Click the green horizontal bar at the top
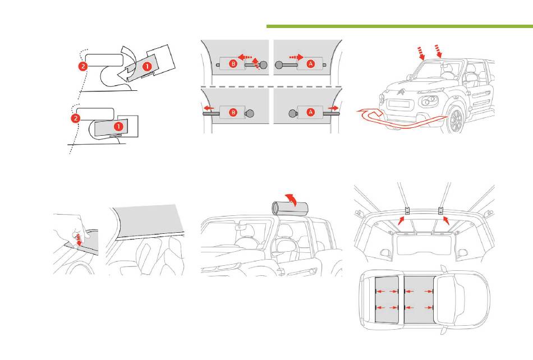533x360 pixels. pyautogui.click(x=399, y=26)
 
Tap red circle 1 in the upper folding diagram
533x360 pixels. pyautogui.click(x=147, y=66)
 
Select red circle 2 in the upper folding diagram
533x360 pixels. pyautogui.click(x=83, y=66)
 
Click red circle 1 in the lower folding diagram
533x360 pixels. pyautogui.click(x=118, y=126)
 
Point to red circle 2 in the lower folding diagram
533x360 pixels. pyautogui.click(x=76, y=118)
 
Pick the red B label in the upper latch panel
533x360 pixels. pyautogui.click(x=233, y=63)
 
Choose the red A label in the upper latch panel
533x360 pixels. pyautogui.click(x=310, y=63)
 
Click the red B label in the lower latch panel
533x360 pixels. pyautogui.click(x=233, y=112)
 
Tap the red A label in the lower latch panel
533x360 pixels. pyautogui.click(x=310, y=112)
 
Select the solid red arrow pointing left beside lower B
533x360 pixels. pyautogui.click(x=209, y=109)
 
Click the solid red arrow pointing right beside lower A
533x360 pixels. pyautogui.click(x=333, y=108)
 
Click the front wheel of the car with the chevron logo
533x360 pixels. pyautogui.click(x=455, y=119)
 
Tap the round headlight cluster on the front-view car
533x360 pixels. pyautogui.click(x=429, y=101)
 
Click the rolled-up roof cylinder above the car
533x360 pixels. pyautogui.click(x=290, y=207)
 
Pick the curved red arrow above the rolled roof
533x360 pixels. pyautogui.click(x=291, y=199)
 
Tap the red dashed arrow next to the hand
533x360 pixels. pyautogui.click(x=79, y=239)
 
